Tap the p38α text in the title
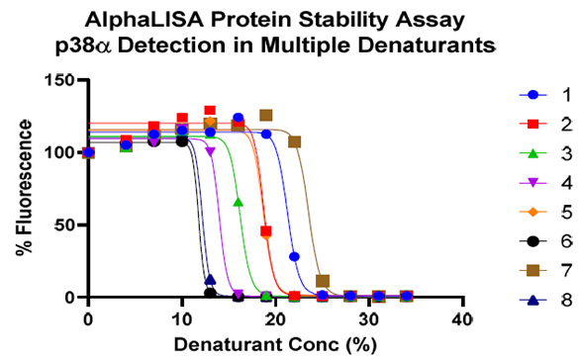point(119,45)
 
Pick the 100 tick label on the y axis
point(62,153)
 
